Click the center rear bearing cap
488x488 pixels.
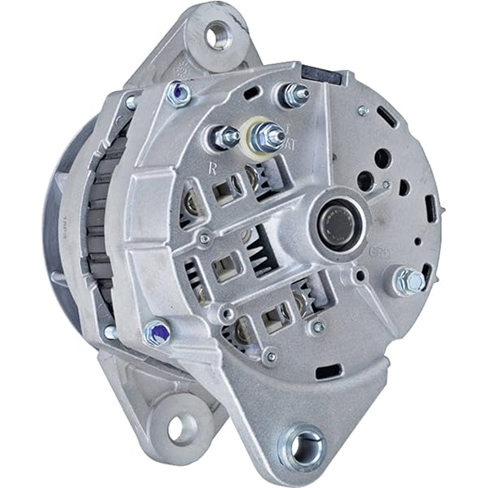tap(333, 220)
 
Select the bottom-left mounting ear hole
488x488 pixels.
tap(184, 427)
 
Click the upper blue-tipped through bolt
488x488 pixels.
tap(178, 95)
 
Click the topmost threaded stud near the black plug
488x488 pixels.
tap(295, 96)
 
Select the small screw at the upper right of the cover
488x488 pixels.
tap(364, 111)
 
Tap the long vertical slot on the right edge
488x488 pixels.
tap(430, 207)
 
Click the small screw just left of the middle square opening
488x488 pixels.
tap(205, 238)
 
